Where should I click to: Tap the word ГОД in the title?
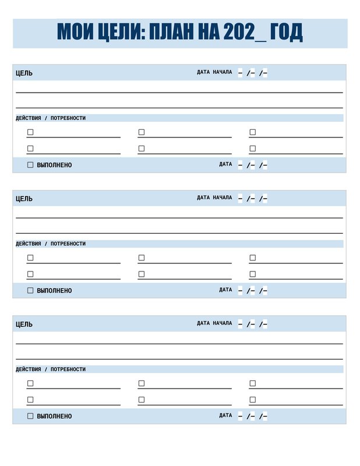coord(287,33)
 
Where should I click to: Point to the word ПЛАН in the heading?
coord(173,33)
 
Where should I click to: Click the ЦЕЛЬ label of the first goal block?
coord(24,73)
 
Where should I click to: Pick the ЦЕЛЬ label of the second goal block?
coord(24,199)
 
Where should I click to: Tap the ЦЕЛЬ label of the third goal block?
coord(24,324)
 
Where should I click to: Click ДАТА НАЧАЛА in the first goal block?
coord(214,72)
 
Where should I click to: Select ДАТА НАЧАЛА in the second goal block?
coord(214,197)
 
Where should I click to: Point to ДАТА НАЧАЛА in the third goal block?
coord(214,323)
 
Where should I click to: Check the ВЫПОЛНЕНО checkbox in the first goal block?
coord(30,165)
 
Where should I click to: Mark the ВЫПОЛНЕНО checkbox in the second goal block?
coord(30,291)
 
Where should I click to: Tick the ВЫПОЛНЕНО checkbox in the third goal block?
coord(30,416)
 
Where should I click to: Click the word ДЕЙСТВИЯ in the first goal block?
coord(29,118)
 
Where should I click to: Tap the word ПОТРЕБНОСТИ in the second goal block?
coord(68,243)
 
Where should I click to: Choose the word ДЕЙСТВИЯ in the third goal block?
coord(29,369)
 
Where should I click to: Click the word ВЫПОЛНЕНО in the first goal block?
coord(54,165)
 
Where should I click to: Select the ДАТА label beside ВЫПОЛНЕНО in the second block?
coord(225,290)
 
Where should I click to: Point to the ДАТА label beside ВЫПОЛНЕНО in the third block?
coord(225,415)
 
